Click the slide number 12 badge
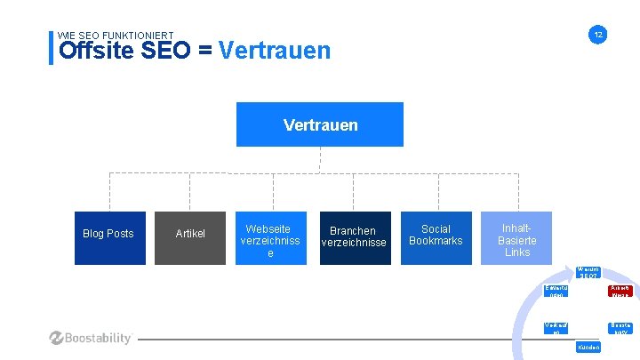coord(598,35)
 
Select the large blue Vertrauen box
coord(320,124)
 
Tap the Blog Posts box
coord(108,234)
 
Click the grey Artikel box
coord(190,234)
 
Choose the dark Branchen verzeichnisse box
coord(354,236)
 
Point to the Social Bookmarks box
coord(436,236)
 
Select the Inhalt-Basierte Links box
coord(516,238)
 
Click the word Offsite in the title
coord(97,51)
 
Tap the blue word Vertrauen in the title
coord(274,51)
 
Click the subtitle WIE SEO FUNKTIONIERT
coord(109,36)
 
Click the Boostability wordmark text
coord(100,338)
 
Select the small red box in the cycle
coord(619,292)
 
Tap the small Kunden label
coord(588,347)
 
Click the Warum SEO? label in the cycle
coord(588,273)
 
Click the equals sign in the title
coord(204,51)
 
